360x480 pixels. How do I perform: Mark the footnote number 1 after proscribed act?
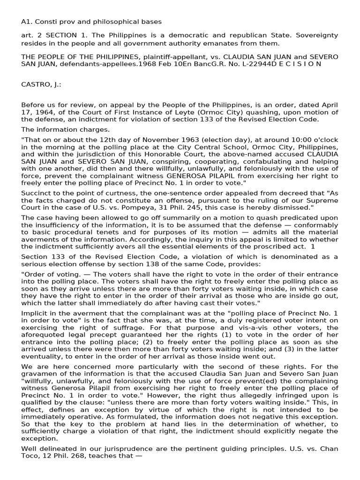point(313,247)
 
